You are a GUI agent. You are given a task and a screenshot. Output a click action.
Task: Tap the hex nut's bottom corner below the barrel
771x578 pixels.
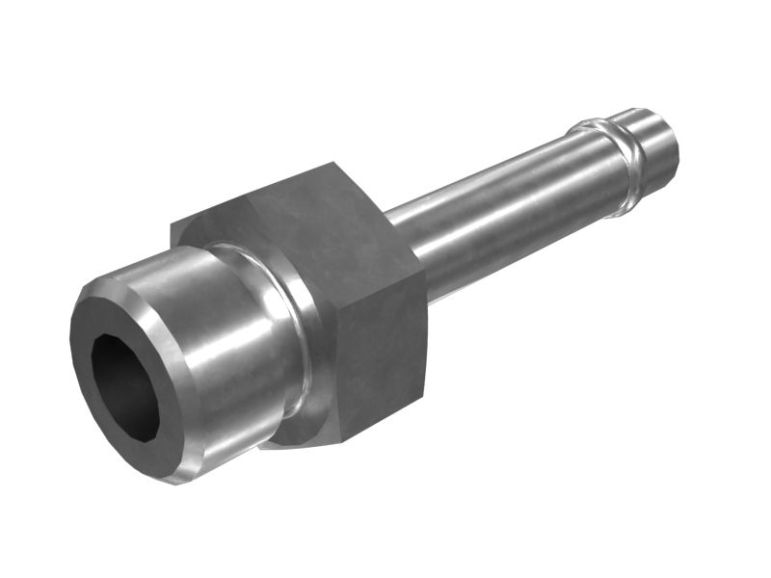279,445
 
